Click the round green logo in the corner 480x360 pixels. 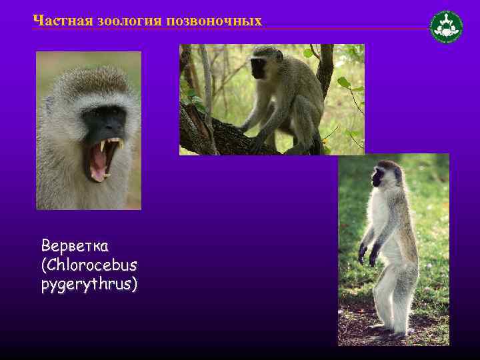tap(446, 27)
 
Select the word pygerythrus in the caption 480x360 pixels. tap(89, 285)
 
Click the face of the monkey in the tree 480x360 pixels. tap(259, 67)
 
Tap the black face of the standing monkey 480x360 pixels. tap(378, 177)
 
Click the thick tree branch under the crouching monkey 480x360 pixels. tap(220, 137)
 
